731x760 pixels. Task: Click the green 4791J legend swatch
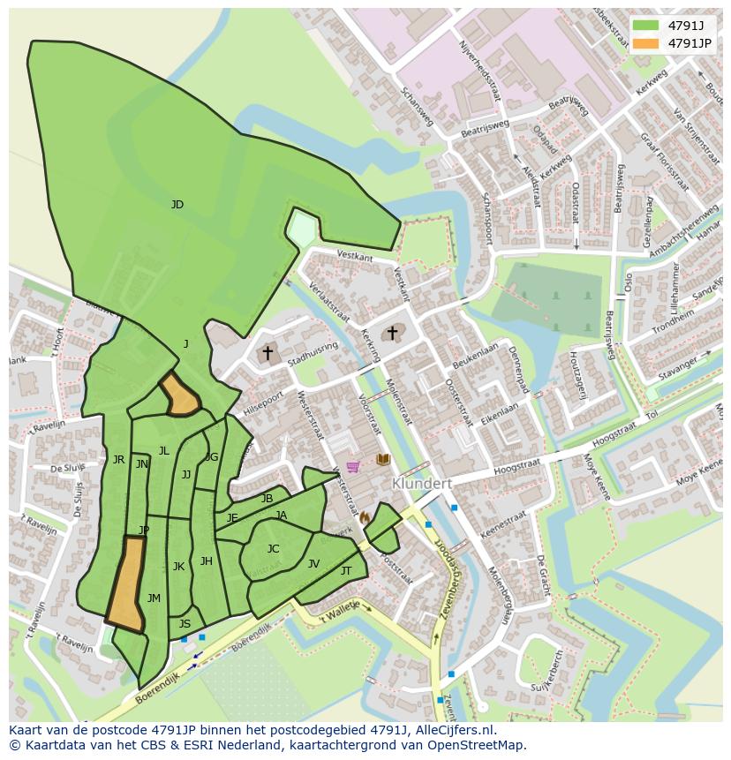point(645,25)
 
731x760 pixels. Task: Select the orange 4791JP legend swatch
point(645,42)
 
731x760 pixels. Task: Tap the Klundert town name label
point(421,484)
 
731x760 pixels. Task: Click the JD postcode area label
point(177,205)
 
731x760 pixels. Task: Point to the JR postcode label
point(118,459)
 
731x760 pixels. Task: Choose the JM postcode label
point(154,598)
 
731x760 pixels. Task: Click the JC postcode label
point(273,549)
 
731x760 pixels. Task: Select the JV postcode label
point(313,564)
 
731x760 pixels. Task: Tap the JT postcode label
point(346,571)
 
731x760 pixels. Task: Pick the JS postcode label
point(185,624)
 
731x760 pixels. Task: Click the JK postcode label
point(178,567)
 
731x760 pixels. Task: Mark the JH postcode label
point(206,561)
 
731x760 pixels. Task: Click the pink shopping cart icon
point(353,466)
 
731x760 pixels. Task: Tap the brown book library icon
point(383,460)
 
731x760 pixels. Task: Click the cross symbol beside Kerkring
point(392,333)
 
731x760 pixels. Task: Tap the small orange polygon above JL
point(180,395)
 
